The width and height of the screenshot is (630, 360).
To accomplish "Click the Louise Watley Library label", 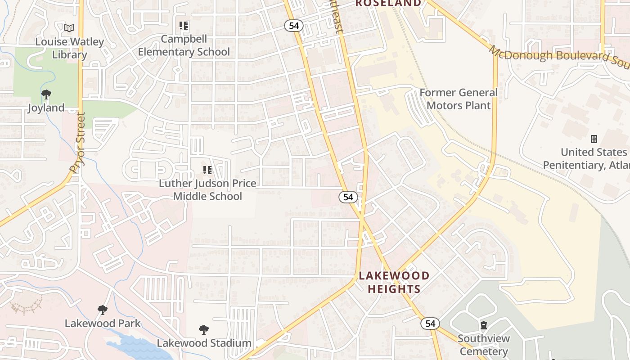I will (69, 48).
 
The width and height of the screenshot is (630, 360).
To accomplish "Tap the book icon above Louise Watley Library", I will (69, 28).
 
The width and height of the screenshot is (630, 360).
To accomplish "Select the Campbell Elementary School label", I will (184, 45).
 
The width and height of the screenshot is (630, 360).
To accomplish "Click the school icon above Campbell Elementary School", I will (183, 26).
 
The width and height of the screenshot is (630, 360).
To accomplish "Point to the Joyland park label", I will (46, 108).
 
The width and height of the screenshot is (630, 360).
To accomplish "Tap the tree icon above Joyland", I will (46, 94).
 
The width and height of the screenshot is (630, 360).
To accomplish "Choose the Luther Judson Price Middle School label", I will (207, 190).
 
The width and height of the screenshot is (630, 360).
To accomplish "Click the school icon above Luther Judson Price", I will (207, 170).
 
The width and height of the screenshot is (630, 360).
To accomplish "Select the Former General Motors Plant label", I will (459, 99).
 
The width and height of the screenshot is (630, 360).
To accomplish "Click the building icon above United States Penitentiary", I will (594, 139).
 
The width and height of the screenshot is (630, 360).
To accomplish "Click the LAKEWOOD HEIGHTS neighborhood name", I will (394, 282).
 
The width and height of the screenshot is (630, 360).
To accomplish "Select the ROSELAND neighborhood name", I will (388, 4).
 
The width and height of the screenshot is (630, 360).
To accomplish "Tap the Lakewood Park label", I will (103, 324).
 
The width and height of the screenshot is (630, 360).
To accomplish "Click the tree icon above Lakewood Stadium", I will (204, 330).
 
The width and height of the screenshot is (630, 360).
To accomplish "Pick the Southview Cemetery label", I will (484, 345).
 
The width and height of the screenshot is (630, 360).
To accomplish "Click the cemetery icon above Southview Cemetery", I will (484, 325).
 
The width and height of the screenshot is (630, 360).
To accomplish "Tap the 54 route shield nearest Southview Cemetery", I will (430, 324).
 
